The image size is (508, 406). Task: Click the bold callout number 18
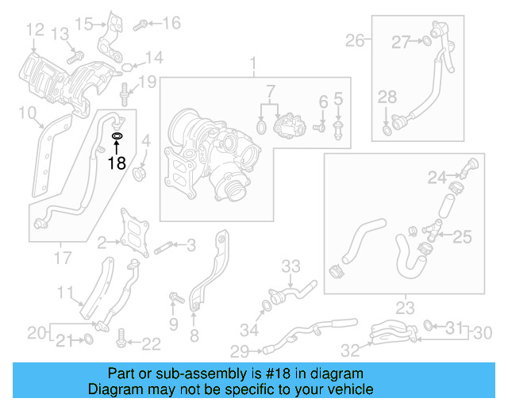(117, 163)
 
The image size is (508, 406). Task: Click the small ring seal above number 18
(117, 136)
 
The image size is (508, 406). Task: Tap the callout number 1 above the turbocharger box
(254, 63)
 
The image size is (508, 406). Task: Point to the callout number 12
(34, 30)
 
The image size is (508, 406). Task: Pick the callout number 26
(354, 40)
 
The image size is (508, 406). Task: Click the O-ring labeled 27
(427, 41)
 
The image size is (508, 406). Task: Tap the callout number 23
(406, 306)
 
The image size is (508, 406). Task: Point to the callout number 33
(291, 265)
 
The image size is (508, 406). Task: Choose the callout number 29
(239, 350)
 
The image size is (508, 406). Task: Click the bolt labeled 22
(121, 342)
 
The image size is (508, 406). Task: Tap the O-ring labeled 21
(88, 340)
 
